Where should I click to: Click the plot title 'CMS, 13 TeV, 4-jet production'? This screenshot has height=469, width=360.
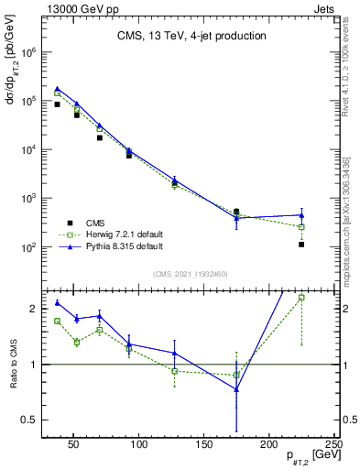pos(191,37)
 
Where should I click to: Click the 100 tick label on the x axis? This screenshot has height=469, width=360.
pos(139,444)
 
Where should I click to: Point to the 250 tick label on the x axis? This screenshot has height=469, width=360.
pos(333,444)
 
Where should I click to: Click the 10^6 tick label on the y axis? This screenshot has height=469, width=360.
pos(28,52)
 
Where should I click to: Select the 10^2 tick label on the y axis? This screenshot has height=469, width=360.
pos(28,247)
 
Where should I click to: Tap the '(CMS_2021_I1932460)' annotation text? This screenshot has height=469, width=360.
pos(191,273)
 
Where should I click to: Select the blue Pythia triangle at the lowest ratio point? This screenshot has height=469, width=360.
pos(237,389)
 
